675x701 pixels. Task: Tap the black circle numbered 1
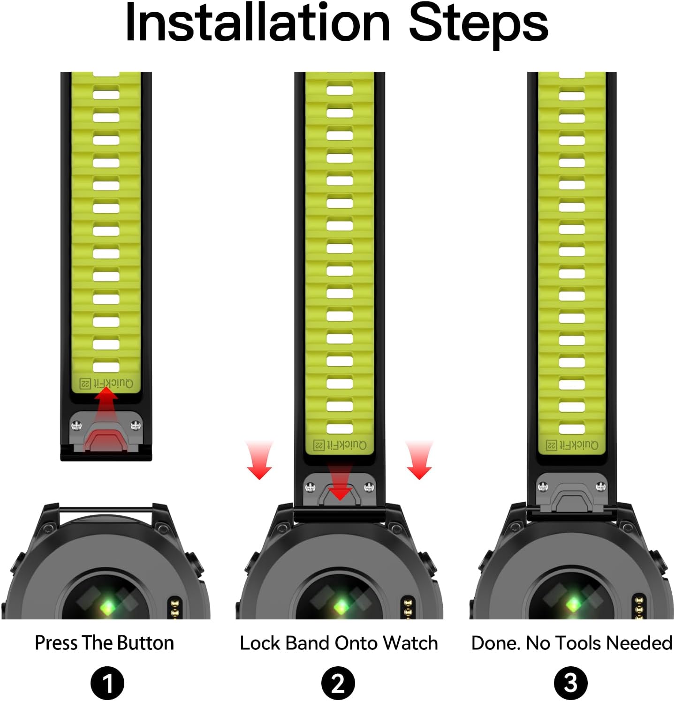coord(107,683)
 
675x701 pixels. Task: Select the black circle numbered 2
coord(338,683)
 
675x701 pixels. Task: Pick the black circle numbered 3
coord(570,683)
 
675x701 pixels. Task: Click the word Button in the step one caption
coord(145,643)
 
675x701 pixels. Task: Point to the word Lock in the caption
coord(260,643)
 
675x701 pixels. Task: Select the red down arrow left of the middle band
coord(259,460)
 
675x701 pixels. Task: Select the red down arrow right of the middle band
coord(419,460)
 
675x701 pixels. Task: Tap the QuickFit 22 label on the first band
coord(106,383)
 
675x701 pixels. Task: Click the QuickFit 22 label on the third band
coord(572,444)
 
